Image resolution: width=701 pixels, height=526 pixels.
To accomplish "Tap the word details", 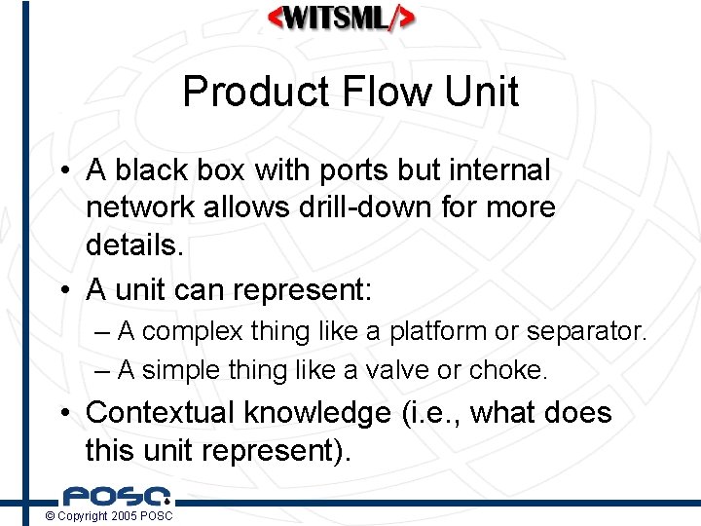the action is click(x=133, y=244).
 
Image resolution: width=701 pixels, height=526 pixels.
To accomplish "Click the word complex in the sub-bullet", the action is click(x=189, y=332).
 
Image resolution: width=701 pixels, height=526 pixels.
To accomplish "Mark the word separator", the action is click(x=585, y=332).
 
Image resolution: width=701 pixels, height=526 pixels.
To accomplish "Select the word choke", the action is click(x=508, y=370).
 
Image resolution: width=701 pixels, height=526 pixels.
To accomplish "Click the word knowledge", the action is click(x=316, y=413).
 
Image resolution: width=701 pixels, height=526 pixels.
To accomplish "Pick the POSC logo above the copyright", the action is click(x=117, y=497).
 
